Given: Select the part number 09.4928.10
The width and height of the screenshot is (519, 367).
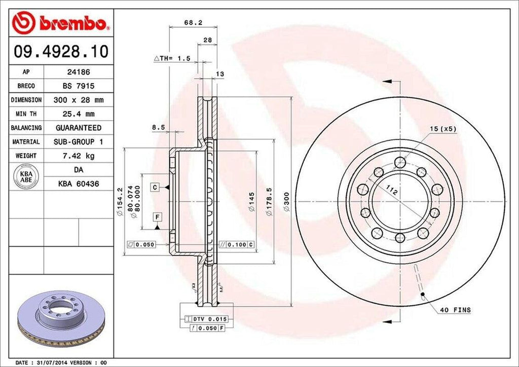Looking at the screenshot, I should click(60, 51).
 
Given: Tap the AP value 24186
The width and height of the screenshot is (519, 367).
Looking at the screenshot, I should click(78, 72).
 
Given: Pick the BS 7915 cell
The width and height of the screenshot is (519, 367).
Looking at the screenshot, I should click(78, 86).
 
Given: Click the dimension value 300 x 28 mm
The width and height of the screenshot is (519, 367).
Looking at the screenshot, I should click(78, 100).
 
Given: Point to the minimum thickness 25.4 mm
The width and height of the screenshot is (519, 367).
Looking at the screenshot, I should click(78, 114).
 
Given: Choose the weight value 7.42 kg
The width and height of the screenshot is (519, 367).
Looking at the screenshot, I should click(78, 156).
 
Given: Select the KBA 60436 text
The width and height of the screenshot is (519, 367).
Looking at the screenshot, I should click(78, 183).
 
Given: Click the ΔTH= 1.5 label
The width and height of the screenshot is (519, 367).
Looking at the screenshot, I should click(172, 59).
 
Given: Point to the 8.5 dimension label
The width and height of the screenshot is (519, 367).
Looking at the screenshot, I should click(159, 127).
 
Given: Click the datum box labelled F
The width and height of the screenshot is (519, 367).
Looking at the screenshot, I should click(158, 217).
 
